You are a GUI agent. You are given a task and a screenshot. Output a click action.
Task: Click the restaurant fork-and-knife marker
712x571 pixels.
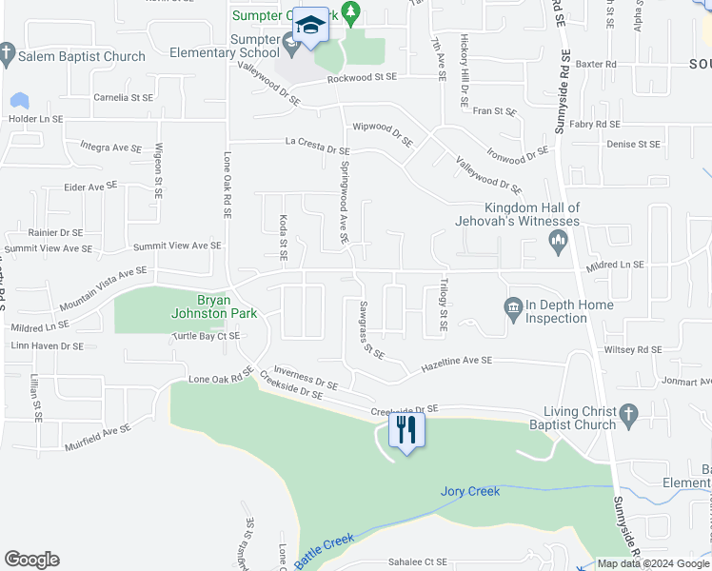point(406,429)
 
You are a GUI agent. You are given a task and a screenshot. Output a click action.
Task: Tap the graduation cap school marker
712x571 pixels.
point(310,25)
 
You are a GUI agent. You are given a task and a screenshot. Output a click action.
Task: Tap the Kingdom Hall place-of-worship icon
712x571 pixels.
point(559,245)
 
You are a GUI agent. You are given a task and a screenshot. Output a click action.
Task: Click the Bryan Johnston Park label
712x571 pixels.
point(201,305)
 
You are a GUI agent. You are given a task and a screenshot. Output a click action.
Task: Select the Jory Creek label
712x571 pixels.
point(470,492)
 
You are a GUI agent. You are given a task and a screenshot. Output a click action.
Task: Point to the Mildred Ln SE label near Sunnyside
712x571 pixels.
point(615,265)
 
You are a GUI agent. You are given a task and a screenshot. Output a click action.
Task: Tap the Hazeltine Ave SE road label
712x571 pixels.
point(456,363)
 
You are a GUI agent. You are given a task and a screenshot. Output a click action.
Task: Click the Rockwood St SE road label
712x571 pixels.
point(362,78)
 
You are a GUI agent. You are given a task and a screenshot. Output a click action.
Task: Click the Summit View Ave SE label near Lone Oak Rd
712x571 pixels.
point(177,246)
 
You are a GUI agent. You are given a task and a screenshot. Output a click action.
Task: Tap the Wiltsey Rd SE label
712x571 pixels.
point(632,350)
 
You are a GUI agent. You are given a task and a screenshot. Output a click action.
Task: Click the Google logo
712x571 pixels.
point(31,559)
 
